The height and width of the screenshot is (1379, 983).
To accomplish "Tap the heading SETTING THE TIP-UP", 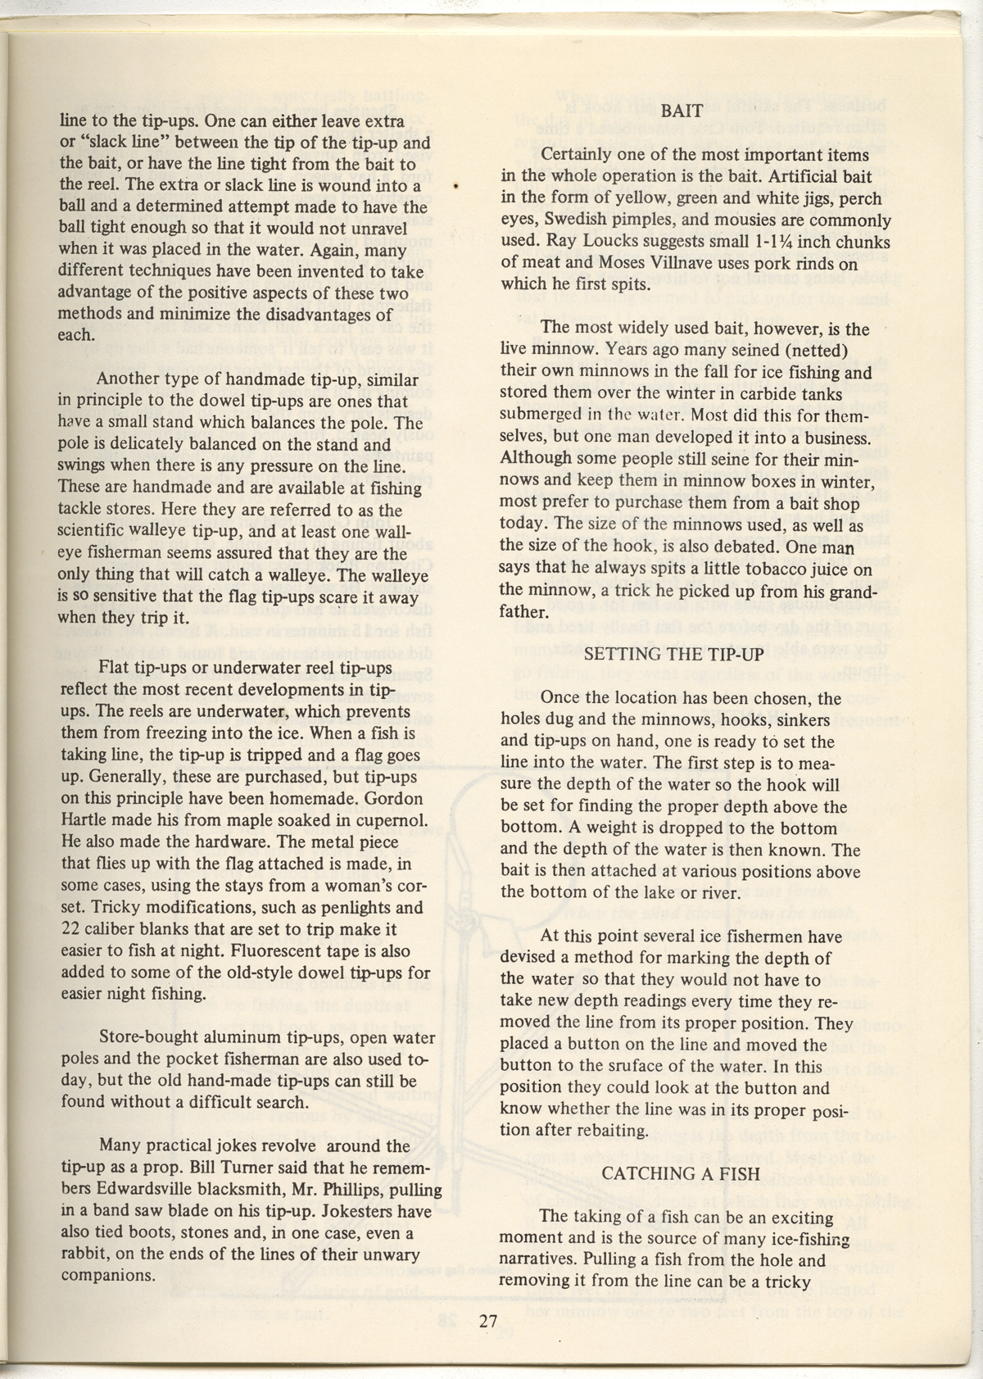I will pos(674,654).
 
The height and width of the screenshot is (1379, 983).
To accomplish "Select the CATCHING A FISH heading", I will pos(681,1173).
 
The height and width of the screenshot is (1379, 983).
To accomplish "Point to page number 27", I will pos(489,1321).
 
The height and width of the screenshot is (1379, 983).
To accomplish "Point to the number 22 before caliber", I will pos(70,929).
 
